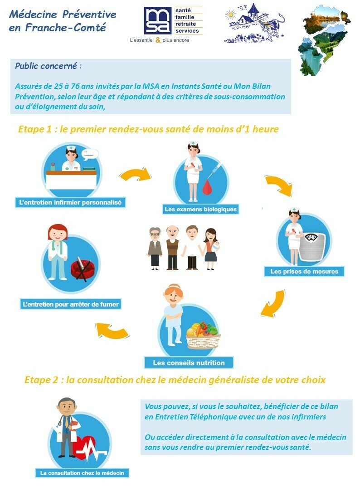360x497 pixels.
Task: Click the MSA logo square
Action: click(158, 20)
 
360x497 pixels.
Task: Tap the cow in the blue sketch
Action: click(272, 25)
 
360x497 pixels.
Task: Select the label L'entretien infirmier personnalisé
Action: click(70, 203)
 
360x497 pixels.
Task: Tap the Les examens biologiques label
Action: click(200, 209)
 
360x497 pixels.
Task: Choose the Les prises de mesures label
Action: click(304, 271)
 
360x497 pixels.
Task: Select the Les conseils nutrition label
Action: click(189, 363)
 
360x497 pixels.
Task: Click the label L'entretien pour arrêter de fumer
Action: click(71, 304)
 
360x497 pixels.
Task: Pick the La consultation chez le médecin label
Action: click(82, 473)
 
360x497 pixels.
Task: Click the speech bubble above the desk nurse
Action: click(90, 154)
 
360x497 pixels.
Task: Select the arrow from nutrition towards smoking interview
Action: click(112, 331)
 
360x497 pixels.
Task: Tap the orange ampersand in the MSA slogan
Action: click(158, 40)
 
